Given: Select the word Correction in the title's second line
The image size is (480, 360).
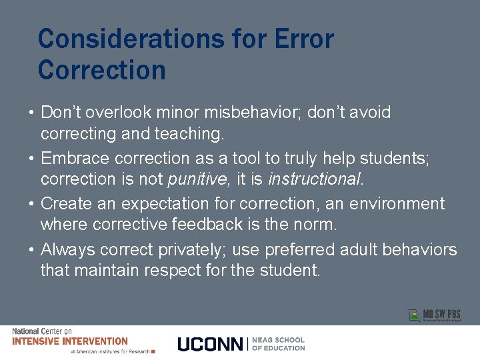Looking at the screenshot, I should point(101,70).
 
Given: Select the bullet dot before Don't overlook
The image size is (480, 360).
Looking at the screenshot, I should point(32,113).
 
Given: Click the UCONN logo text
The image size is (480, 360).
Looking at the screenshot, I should point(211,344).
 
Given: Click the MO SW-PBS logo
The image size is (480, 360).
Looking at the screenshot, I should point(435,315).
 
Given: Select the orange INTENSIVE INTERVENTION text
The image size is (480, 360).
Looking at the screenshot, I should point(70,341).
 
